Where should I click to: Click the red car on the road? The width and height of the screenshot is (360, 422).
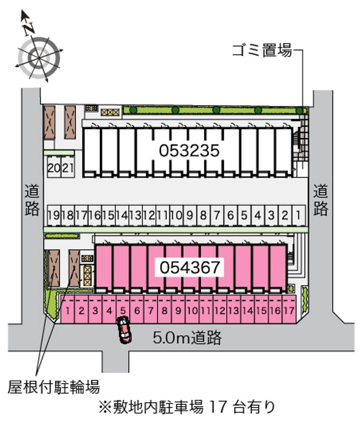pyautogui.click(x=124, y=330)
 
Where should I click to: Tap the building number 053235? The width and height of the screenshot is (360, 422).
pyautogui.click(x=189, y=150)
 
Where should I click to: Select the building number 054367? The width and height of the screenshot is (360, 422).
pyautogui.click(x=190, y=267)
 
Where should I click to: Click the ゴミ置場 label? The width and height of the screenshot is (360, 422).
pyautogui.click(x=262, y=50)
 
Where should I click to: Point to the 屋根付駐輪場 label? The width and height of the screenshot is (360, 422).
pyautogui.click(x=54, y=387)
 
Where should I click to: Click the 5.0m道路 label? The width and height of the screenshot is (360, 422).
pyautogui.click(x=187, y=337)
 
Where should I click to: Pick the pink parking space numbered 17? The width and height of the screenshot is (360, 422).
pyautogui.click(x=289, y=310)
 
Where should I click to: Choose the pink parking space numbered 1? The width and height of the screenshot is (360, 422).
pyautogui.click(x=67, y=310)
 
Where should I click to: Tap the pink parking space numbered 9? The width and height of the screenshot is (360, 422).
pyautogui.click(x=178, y=310)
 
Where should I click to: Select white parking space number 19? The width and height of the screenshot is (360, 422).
pyautogui.click(x=54, y=215)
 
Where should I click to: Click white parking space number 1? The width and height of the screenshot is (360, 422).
pyautogui.click(x=298, y=215)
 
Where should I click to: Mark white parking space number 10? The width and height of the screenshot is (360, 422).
pyautogui.click(x=176, y=215)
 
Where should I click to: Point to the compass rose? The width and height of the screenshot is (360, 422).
pyautogui.click(x=39, y=58)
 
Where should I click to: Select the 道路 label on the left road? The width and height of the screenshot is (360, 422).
pyautogui.click(x=32, y=200)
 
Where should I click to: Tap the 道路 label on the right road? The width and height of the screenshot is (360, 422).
pyautogui.click(x=320, y=200)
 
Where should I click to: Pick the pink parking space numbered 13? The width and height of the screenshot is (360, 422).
pyautogui.click(x=234, y=310)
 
